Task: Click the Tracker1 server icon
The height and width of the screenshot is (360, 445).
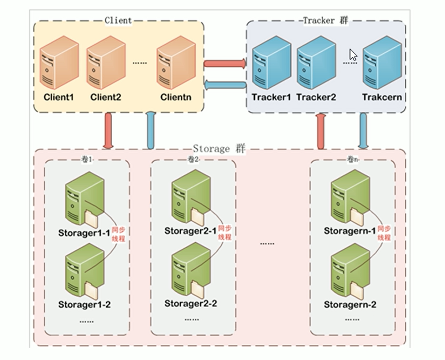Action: [x=271, y=61]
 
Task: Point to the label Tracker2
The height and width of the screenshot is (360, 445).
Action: [x=316, y=97]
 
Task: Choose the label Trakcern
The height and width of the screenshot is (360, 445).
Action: [x=382, y=97]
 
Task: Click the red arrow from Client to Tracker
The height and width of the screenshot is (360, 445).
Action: [x=225, y=63]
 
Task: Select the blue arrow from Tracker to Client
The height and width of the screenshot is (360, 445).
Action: [x=225, y=85]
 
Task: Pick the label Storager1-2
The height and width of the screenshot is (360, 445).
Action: [x=84, y=305]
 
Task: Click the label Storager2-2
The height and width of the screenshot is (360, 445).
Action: [x=191, y=303]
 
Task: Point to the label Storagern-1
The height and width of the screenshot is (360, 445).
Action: [x=350, y=231]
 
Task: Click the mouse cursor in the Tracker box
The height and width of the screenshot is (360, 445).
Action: [x=353, y=55]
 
